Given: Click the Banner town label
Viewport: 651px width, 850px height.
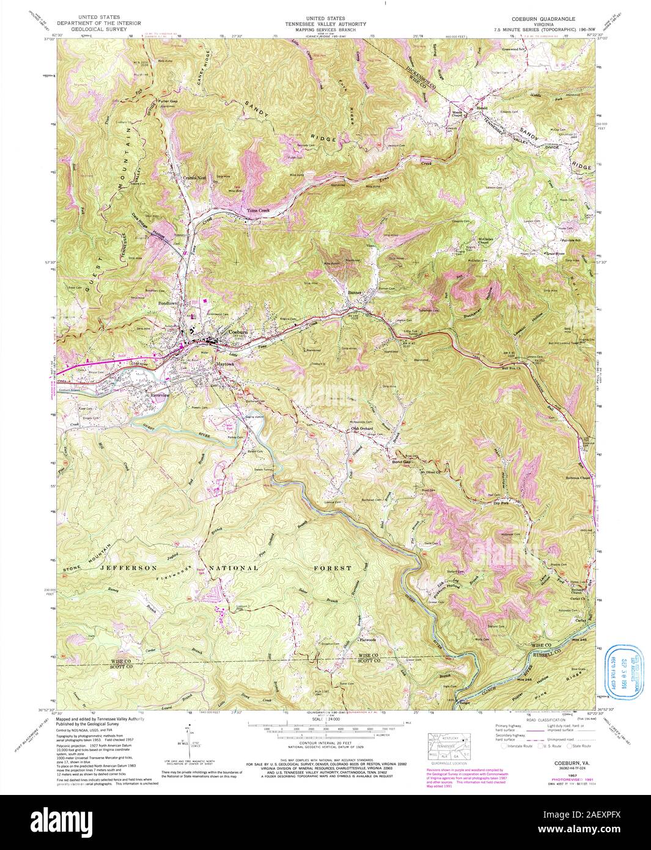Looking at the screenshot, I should click(355, 292).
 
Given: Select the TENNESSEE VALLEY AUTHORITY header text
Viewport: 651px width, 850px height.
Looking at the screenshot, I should click(328, 24).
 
